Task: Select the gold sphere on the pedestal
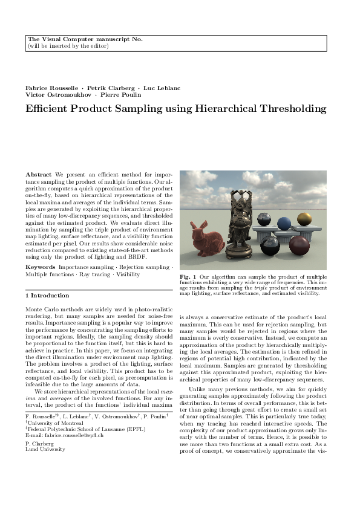point(305,218)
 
